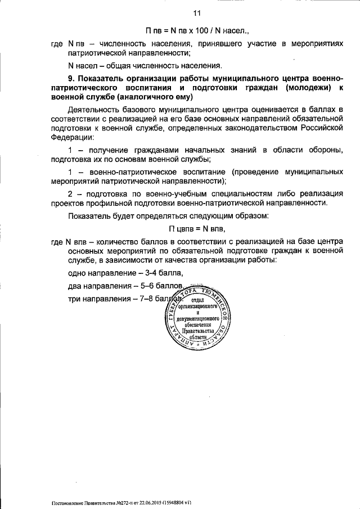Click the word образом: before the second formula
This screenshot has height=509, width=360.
click(x=242, y=216)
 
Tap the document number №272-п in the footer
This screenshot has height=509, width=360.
click(x=119, y=501)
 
